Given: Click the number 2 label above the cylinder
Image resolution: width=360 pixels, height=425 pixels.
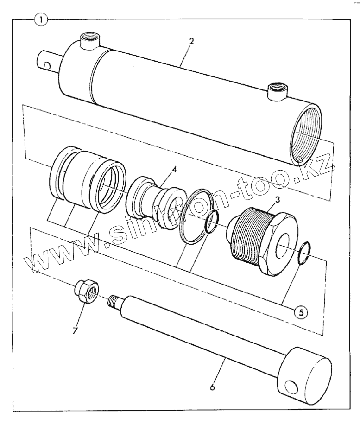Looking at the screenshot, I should pos(191,41).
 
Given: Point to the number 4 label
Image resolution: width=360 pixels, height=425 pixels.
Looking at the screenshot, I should pos(174,170).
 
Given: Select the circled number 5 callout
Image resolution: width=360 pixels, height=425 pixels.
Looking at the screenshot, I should pos(301,312).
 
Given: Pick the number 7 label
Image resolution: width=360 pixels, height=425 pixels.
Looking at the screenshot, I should pos(75,330).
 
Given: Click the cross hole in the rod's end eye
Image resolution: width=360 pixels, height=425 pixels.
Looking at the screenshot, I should pos(290,387).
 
